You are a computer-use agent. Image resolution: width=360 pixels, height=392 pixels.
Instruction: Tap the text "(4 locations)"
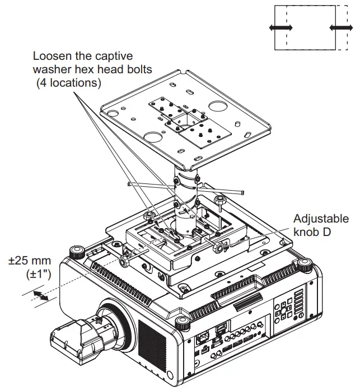(68, 83)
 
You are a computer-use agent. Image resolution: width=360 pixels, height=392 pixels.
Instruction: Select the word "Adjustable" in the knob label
(320, 219)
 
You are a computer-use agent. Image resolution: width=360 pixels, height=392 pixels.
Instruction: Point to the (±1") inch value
(38, 274)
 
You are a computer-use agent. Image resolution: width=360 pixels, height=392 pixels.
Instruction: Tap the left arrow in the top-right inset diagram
(280, 27)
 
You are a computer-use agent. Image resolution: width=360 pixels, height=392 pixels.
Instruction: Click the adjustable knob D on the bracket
(219, 244)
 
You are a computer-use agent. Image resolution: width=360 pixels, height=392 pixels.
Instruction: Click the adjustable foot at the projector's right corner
(305, 264)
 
